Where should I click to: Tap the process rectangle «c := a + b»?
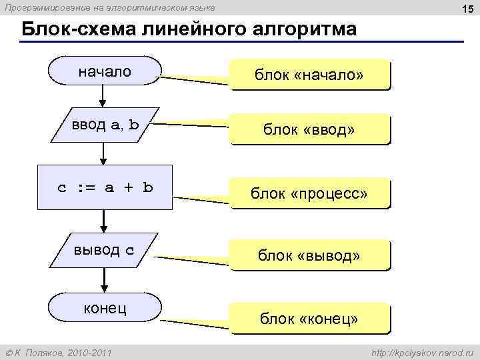tap(104, 187)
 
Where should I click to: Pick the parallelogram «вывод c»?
tap(104, 250)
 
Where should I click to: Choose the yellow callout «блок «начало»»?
tap(309, 75)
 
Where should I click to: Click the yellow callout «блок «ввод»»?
tap(309, 130)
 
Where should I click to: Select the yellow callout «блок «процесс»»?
tap(309, 193)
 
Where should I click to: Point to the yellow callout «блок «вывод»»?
tap(309, 255)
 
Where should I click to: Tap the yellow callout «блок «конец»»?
tap(309, 319)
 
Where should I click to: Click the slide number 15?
tap(465, 8)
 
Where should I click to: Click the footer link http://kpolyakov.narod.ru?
tap(421, 351)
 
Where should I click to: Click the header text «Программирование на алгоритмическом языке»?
tap(110, 7)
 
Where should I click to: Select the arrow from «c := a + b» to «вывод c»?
tap(104, 221)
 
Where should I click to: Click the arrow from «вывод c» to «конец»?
tap(104, 281)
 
